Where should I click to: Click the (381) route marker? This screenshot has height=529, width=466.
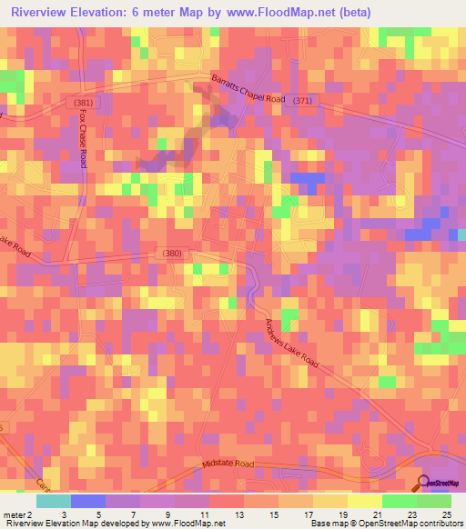(83, 103)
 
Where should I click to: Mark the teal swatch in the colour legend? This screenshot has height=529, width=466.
(53, 501)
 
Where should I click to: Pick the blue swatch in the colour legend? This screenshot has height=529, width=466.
(87, 501)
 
